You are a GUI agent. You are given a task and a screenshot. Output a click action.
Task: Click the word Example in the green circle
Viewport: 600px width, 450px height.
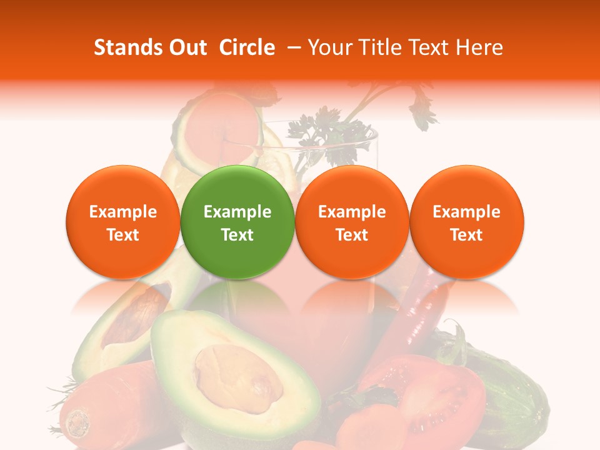coord(237,212)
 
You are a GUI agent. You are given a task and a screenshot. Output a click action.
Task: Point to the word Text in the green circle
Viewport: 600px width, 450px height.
coord(237,235)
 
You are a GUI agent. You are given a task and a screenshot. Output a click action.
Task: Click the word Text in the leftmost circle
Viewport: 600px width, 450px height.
coord(122,235)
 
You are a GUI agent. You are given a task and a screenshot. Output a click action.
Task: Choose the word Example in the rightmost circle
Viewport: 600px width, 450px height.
coord(466,212)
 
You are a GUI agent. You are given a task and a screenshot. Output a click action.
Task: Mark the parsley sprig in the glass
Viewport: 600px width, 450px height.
coord(325,131)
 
